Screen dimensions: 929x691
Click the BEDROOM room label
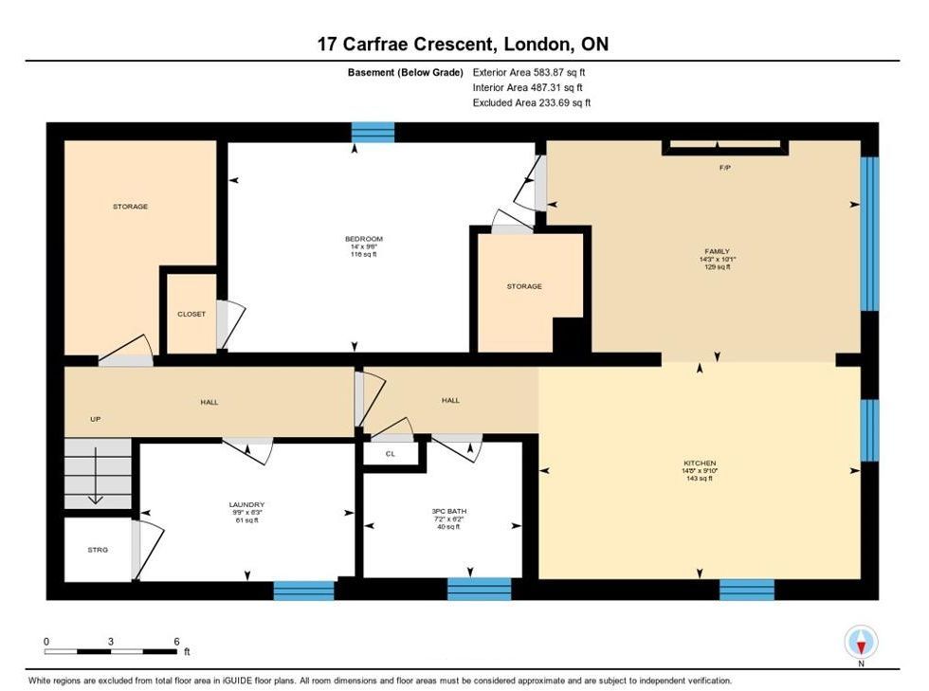tap(364, 239)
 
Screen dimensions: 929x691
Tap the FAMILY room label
tap(717, 251)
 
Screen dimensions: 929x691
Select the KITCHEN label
tap(700, 463)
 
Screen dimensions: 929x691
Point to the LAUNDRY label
tap(246, 505)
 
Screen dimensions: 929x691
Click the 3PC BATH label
tap(448, 511)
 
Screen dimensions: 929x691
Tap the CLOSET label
tap(191, 314)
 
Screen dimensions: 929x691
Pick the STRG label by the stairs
tap(98, 550)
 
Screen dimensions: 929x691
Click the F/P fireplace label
tap(724, 168)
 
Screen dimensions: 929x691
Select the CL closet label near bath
tap(390, 454)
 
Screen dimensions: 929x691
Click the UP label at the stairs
tap(96, 419)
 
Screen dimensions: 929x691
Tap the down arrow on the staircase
tap(96, 476)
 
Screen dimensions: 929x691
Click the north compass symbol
tap(861, 642)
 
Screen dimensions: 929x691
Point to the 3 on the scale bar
tap(111, 641)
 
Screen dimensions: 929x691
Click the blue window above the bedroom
tap(373, 132)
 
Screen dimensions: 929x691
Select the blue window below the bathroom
tap(479, 589)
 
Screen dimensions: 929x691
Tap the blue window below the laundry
tap(304, 591)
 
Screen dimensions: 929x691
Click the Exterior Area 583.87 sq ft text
tap(529, 72)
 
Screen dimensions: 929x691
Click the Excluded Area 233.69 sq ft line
tap(532, 102)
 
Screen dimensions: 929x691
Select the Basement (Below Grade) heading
tap(406, 72)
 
